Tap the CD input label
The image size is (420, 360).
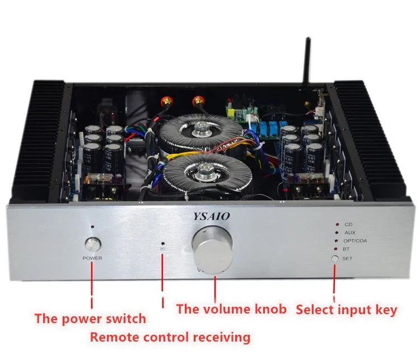tap(348, 223)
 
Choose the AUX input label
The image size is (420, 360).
tap(350, 232)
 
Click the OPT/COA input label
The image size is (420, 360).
tap(356, 240)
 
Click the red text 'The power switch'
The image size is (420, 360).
tap(90, 319)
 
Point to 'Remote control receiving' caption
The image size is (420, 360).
tap(170, 337)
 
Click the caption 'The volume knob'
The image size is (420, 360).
tap(231, 308)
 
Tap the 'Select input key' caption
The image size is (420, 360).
tap(346, 309)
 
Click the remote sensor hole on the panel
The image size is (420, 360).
tap(163, 245)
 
